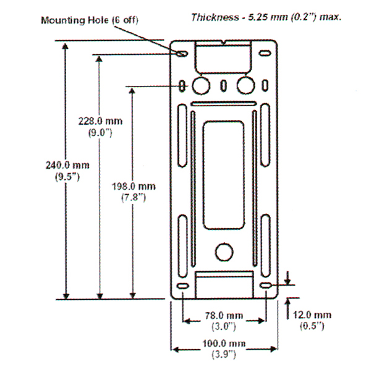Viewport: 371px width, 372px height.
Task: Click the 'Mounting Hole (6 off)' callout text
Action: pyautogui.click(x=90, y=20)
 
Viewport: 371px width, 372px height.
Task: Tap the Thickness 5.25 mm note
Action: pyautogui.click(x=266, y=17)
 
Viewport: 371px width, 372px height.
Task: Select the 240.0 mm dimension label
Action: pyautogui.click(x=67, y=166)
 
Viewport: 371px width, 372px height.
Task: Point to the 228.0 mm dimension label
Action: pyautogui.click(x=101, y=121)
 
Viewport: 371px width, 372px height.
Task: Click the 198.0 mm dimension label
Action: pyautogui.click(x=134, y=187)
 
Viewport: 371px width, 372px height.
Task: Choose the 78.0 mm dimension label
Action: pyautogui.click(x=224, y=316)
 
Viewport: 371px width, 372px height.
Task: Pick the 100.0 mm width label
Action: pyautogui.click(x=224, y=344)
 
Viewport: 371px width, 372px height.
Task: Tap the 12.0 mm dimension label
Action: pyautogui.click(x=312, y=315)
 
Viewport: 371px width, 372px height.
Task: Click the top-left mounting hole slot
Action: pyautogui.click(x=182, y=54)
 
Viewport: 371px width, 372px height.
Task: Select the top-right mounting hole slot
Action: pyautogui.click(x=265, y=53)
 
